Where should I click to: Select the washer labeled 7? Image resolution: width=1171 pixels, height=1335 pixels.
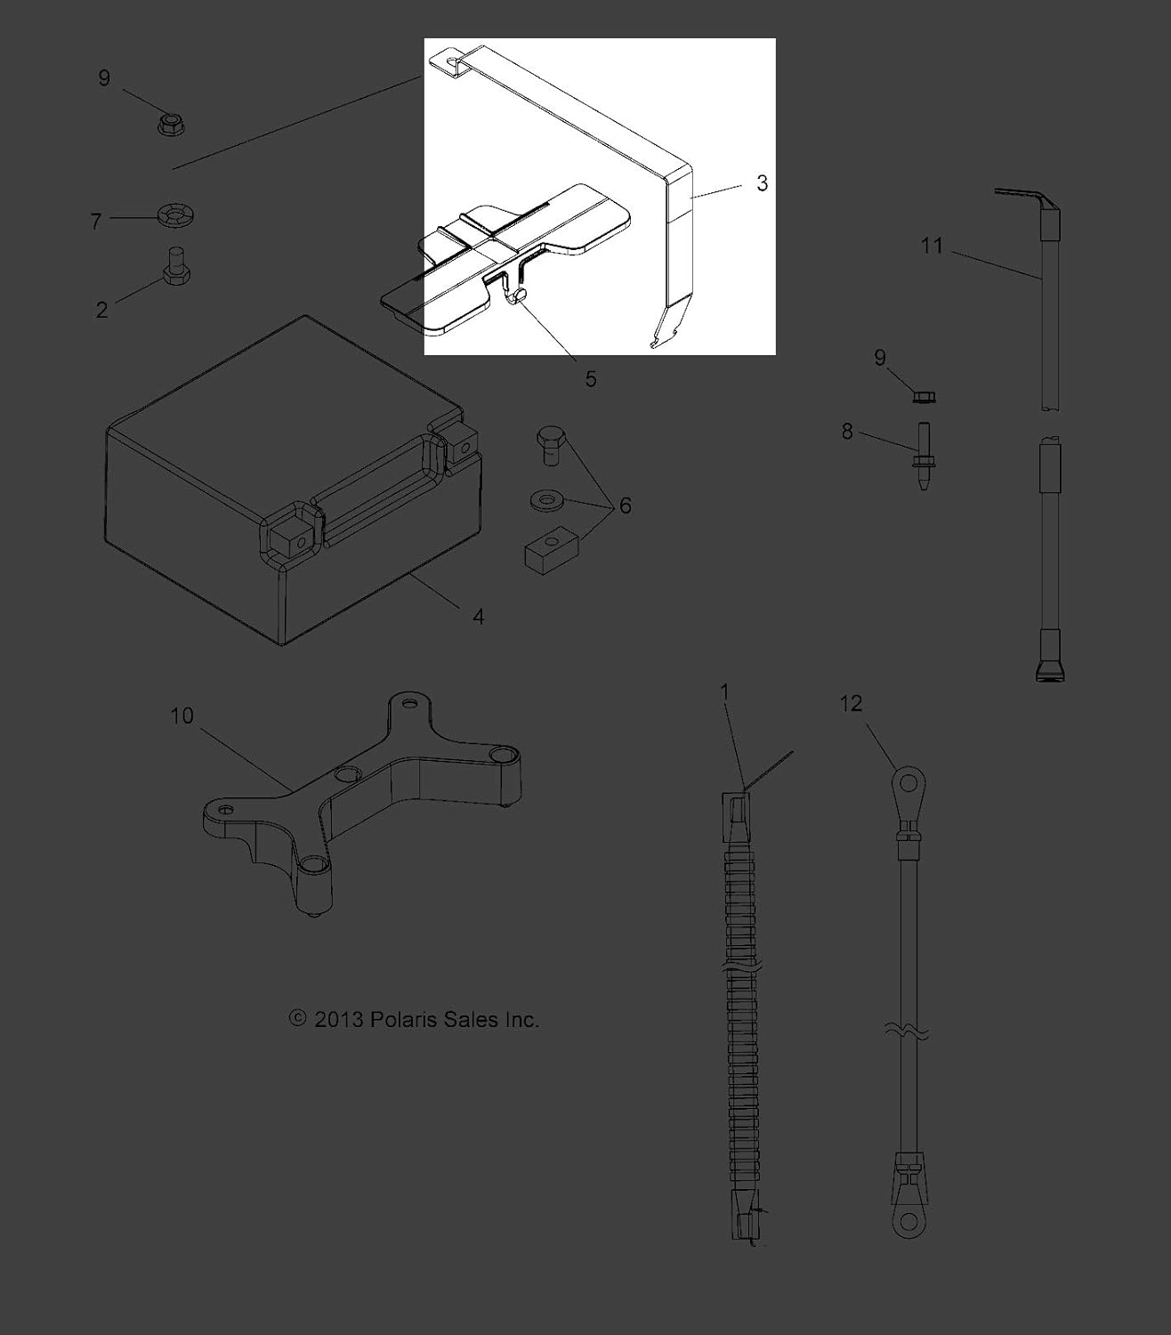[x=175, y=215]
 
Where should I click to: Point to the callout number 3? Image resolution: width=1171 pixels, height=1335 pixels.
[x=762, y=183]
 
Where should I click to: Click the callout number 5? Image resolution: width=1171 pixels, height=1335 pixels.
[x=591, y=379]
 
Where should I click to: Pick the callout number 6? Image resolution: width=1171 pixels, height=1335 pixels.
[x=625, y=506]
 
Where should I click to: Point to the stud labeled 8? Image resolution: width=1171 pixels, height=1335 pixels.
[x=923, y=456]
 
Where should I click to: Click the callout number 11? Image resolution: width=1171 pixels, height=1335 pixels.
[x=931, y=245]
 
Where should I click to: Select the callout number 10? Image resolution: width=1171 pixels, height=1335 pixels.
[x=182, y=716]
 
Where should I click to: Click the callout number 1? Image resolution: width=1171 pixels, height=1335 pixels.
[x=724, y=692]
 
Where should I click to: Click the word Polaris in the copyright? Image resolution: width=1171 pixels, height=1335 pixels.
[x=402, y=1019]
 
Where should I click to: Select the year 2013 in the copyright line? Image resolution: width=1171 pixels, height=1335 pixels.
[x=338, y=1019]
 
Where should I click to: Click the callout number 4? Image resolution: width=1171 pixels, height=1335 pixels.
[x=478, y=616]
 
